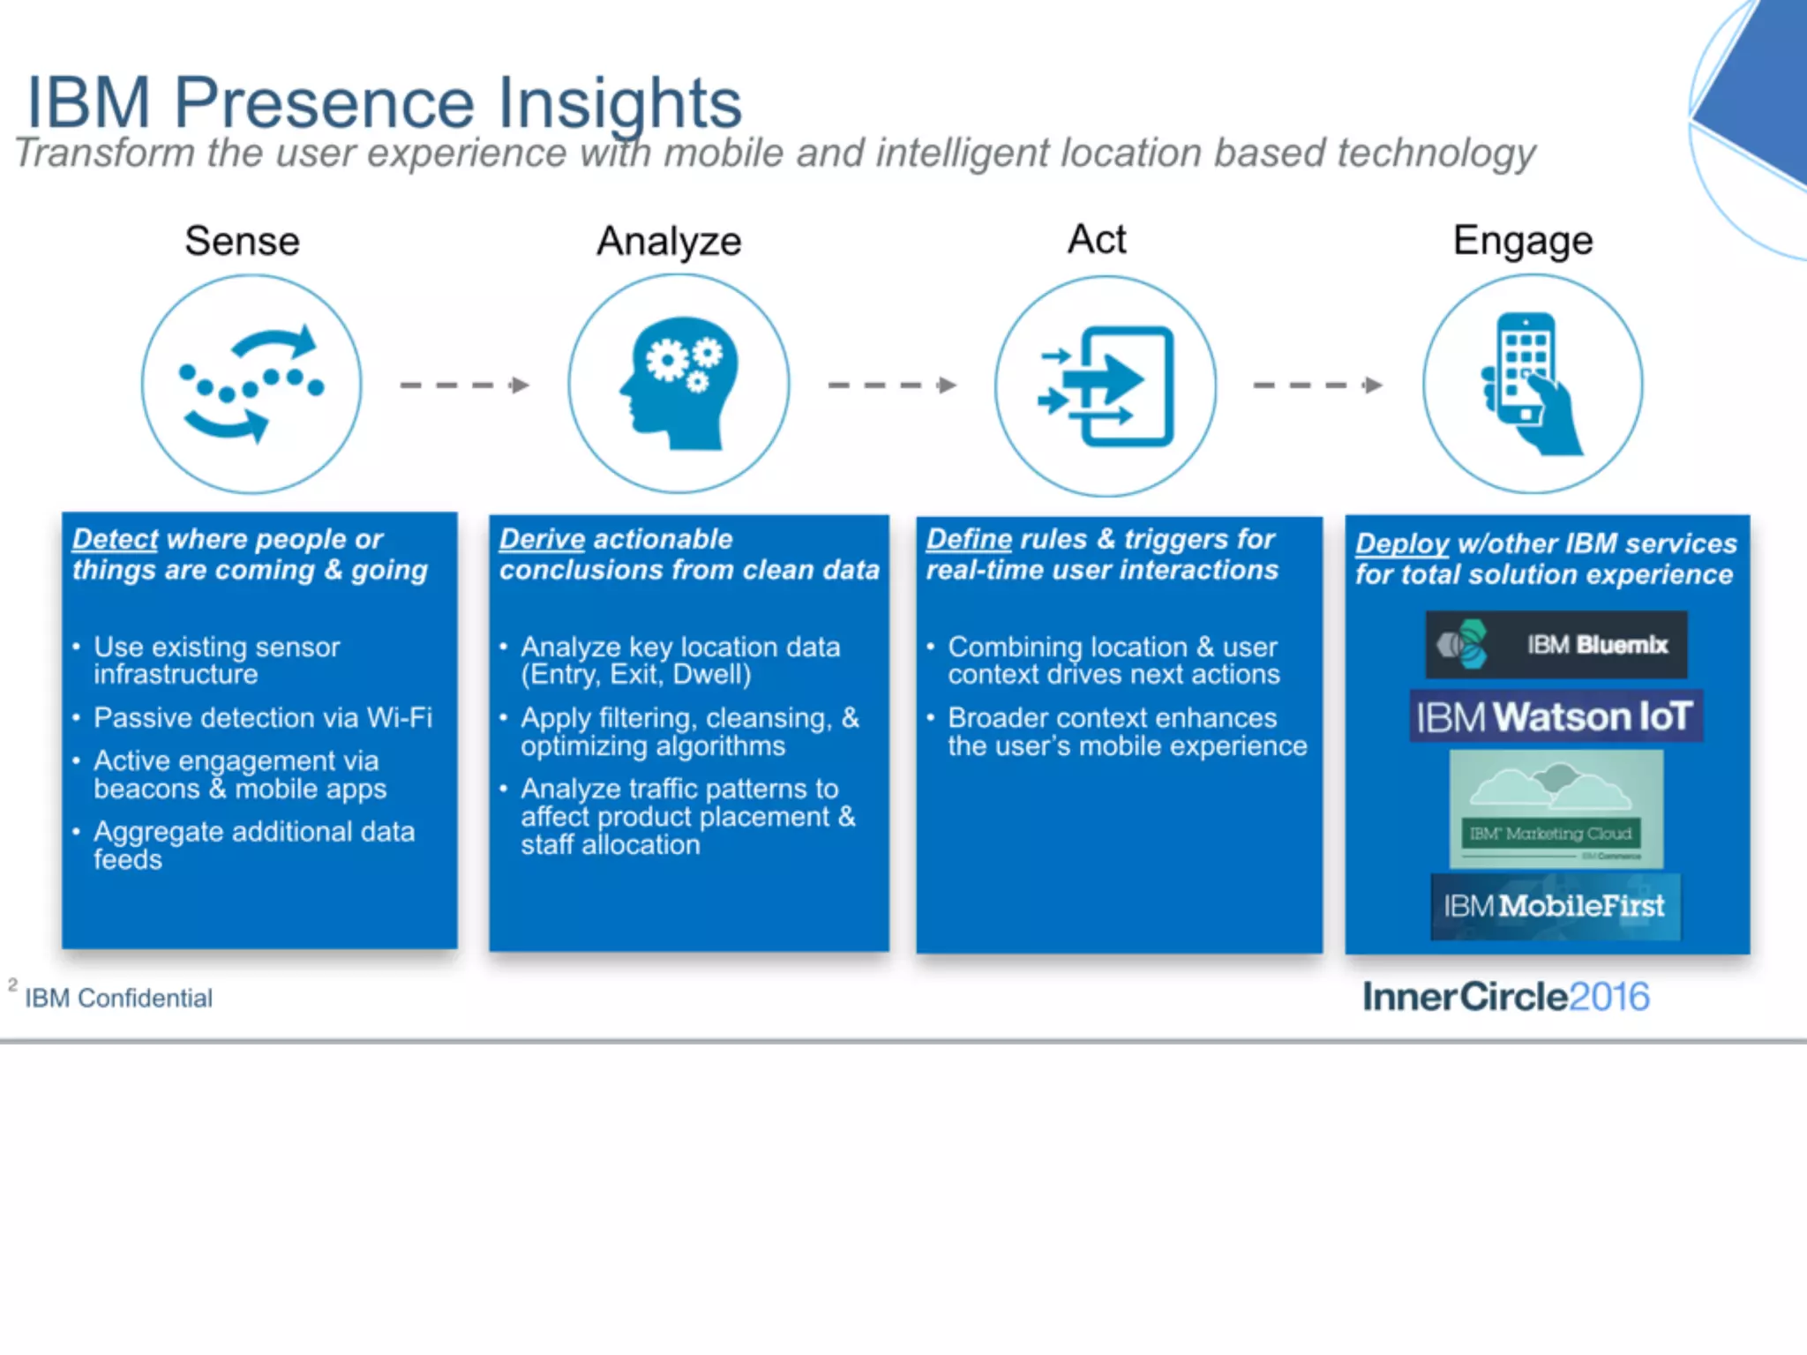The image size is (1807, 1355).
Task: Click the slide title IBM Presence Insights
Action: click(x=384, y=103)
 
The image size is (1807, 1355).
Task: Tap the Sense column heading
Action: click(x=242, y=241)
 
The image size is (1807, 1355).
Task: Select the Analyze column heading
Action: click(x=669, y=241)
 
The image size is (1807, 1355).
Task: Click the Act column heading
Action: click(x=1097, y=239)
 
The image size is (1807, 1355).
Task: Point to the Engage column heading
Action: click(x=1523, y=241)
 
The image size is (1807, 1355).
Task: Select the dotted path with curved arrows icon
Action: click(x=251, y=384)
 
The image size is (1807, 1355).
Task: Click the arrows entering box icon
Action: click(x=1106, y=386)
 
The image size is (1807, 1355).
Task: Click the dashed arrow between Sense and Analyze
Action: click(x=464, y=386)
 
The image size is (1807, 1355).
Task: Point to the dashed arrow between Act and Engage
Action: click(x=1317, y=386)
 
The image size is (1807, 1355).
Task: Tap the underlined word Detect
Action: click(x=115, y=539)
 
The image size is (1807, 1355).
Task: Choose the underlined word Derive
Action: click(x=542, y=539)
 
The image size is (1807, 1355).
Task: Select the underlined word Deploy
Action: click(x=1402, y=543)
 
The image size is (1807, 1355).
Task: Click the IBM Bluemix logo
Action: click(x=1556, y=645)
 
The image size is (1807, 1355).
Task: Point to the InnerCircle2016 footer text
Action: click(x=1505, y=997)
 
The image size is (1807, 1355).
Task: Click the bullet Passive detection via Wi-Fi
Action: click(x=263, y=718)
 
